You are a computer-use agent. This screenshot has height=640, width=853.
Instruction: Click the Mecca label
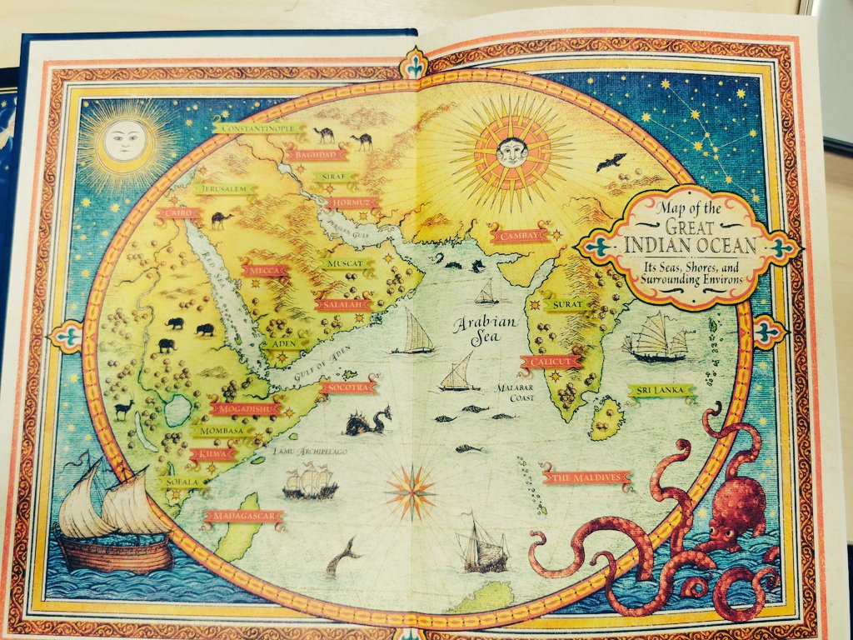click(265, 270)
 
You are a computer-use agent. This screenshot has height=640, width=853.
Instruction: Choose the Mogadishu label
click(246, 409)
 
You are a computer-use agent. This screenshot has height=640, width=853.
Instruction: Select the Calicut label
click(550, 362)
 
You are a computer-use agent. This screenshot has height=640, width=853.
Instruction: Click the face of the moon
click(125, 141)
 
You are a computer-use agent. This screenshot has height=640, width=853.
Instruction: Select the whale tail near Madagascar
click(342, 556)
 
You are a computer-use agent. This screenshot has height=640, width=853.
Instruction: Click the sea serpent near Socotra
click(367, 422)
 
